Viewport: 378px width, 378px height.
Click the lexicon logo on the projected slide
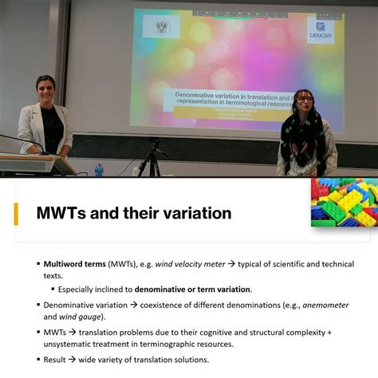321,30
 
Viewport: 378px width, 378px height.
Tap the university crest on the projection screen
161,27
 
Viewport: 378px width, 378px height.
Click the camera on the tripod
153,144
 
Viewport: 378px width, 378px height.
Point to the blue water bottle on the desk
99,170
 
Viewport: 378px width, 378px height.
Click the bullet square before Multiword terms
37,264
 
